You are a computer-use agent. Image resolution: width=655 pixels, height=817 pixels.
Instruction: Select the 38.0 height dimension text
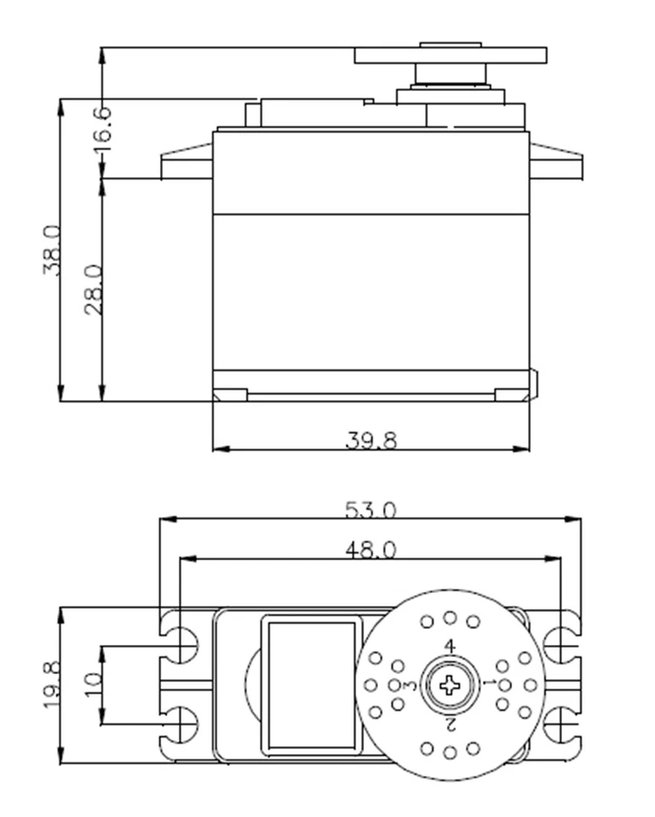point(51,250)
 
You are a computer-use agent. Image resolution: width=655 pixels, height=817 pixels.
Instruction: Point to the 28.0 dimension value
point(93,289)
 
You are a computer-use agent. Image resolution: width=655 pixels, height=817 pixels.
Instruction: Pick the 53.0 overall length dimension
point(371,509)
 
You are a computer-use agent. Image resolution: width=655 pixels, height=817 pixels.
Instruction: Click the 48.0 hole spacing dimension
point(371,550)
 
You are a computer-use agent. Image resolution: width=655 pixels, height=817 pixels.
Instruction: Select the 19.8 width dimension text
point(51,686)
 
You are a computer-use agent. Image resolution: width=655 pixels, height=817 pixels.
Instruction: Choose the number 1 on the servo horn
point(488,683)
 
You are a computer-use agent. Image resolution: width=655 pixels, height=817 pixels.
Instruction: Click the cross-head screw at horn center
point(449,684)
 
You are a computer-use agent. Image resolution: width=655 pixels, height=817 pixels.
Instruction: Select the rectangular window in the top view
point(311,685)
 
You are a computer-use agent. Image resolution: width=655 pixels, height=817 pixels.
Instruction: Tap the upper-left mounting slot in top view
point(181,645)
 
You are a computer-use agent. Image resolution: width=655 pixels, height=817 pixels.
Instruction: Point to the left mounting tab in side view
point(186,163)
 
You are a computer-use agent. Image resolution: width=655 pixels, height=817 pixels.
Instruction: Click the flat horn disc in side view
point(450,56)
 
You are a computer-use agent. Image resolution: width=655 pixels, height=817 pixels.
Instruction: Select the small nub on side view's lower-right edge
point(533,384)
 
